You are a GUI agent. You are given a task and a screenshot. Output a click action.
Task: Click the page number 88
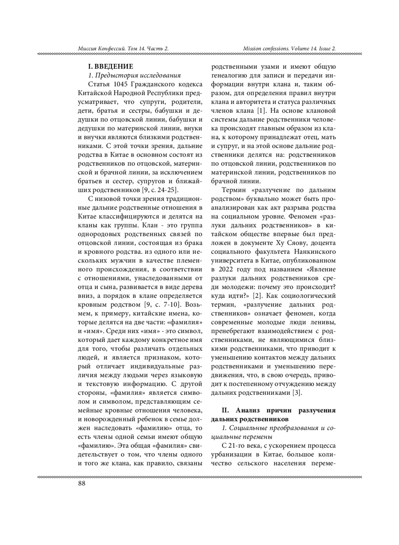coord(81,483)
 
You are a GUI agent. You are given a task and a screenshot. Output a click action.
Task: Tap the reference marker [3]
coord(297,393)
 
